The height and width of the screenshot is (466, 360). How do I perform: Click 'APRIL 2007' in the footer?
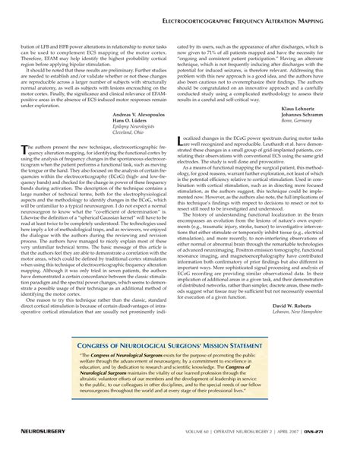coord(302,452)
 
